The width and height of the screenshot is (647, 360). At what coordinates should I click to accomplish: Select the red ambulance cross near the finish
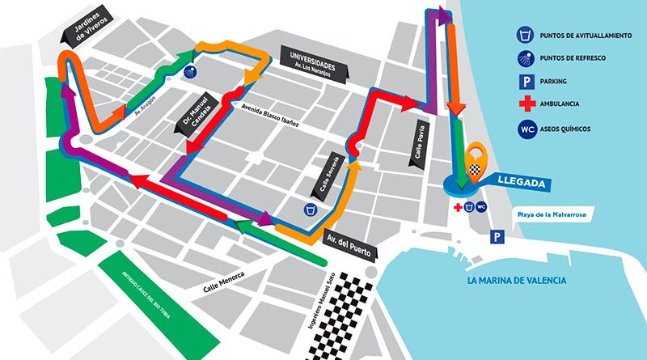[x=458, y=208]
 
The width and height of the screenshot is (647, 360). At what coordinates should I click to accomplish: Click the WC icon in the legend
[x=526, y=128]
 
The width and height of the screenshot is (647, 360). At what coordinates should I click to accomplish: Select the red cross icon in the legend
[x=526, y=104]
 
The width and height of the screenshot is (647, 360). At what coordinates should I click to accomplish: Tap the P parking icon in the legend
[x=526, y=81]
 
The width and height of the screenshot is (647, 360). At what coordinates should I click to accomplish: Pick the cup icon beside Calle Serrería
[x=309, y=209]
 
